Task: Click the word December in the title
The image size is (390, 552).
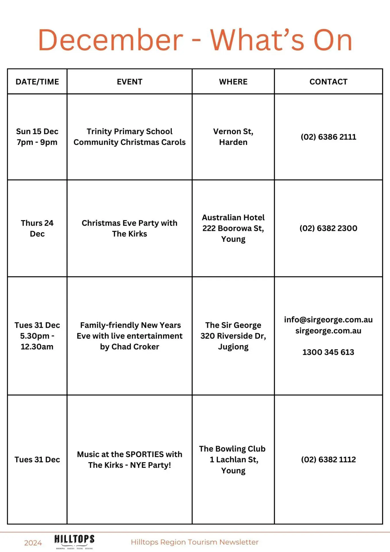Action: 111,40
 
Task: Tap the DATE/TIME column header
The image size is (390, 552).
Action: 37,82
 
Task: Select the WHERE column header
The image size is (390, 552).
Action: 233,82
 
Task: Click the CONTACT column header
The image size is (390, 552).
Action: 328,82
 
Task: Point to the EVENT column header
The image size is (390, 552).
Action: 129,82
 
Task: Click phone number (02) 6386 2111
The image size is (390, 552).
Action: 328,137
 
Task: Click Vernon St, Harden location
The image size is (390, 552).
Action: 233,137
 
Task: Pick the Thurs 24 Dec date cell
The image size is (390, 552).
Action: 37,228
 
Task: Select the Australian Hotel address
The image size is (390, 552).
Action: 233,228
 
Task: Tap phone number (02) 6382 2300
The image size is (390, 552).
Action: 328,228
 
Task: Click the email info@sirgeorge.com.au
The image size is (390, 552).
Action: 328,320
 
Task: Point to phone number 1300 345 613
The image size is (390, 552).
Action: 328,352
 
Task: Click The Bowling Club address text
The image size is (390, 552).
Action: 233,459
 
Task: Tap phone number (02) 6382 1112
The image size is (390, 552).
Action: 328,459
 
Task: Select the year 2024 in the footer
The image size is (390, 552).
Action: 33,543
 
